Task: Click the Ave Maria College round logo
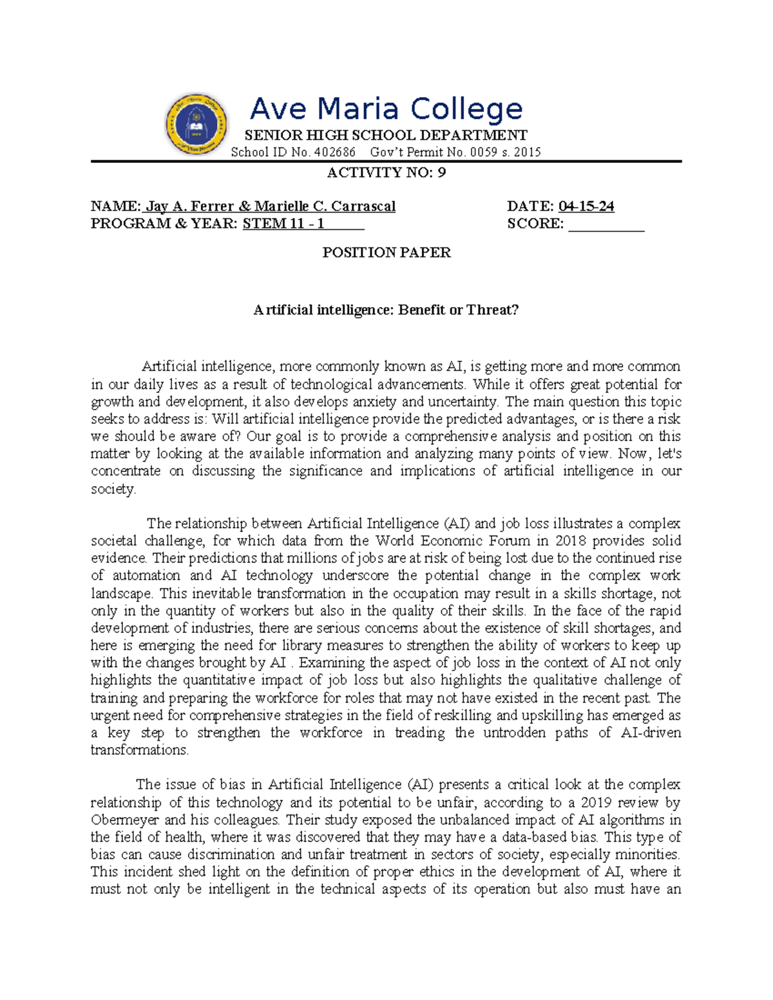[x=196, y=125]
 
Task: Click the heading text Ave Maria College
[x=386, y=109]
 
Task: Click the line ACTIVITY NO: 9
[x=386, y=173]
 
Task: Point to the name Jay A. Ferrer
[x=189, y=207]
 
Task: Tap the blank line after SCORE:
[x=606, y=224]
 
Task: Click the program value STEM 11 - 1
[x=283, y=224]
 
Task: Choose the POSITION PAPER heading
[x=386, y=253]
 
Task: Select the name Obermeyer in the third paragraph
[x=125, y=820]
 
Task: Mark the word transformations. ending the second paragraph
[x=140, y=750]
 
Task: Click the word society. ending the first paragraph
[x=114, y=489]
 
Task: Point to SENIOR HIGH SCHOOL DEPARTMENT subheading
[x=386, y=135]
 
